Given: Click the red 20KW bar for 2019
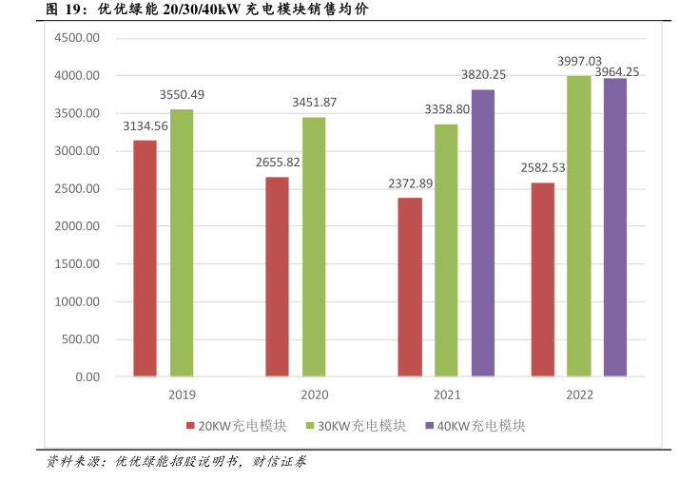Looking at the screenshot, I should pos(145,259).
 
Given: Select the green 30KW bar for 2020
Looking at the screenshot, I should pos(314,247).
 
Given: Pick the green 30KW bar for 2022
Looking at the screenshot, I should pos(578,226).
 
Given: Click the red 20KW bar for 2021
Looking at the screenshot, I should pos(410,287).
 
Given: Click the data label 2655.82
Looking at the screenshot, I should pos(278,163).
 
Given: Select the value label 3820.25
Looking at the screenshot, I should pos(483,75).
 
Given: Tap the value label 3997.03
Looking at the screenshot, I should pos(580,61).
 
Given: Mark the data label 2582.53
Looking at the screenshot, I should pos(543,168).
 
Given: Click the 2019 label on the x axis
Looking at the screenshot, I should pos(183,394).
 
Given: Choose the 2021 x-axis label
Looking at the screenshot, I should pos(447,394).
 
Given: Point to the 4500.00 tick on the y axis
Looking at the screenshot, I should pos(77,38).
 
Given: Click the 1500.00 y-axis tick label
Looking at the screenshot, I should pos(77,264).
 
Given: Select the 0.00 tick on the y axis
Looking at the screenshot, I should pos(87,377).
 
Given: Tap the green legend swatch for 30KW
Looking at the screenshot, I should pos(308,426).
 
